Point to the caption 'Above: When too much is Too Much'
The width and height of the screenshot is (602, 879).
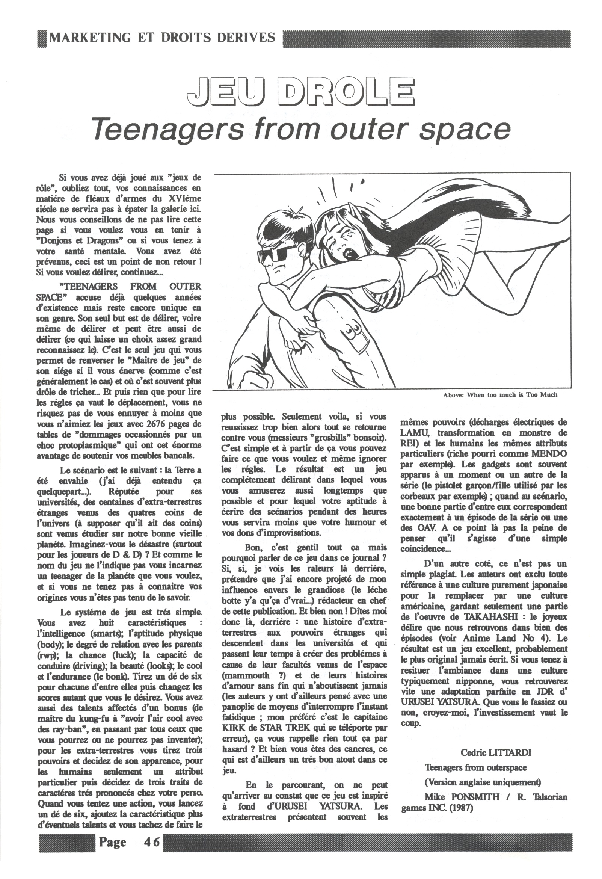(500, 395)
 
